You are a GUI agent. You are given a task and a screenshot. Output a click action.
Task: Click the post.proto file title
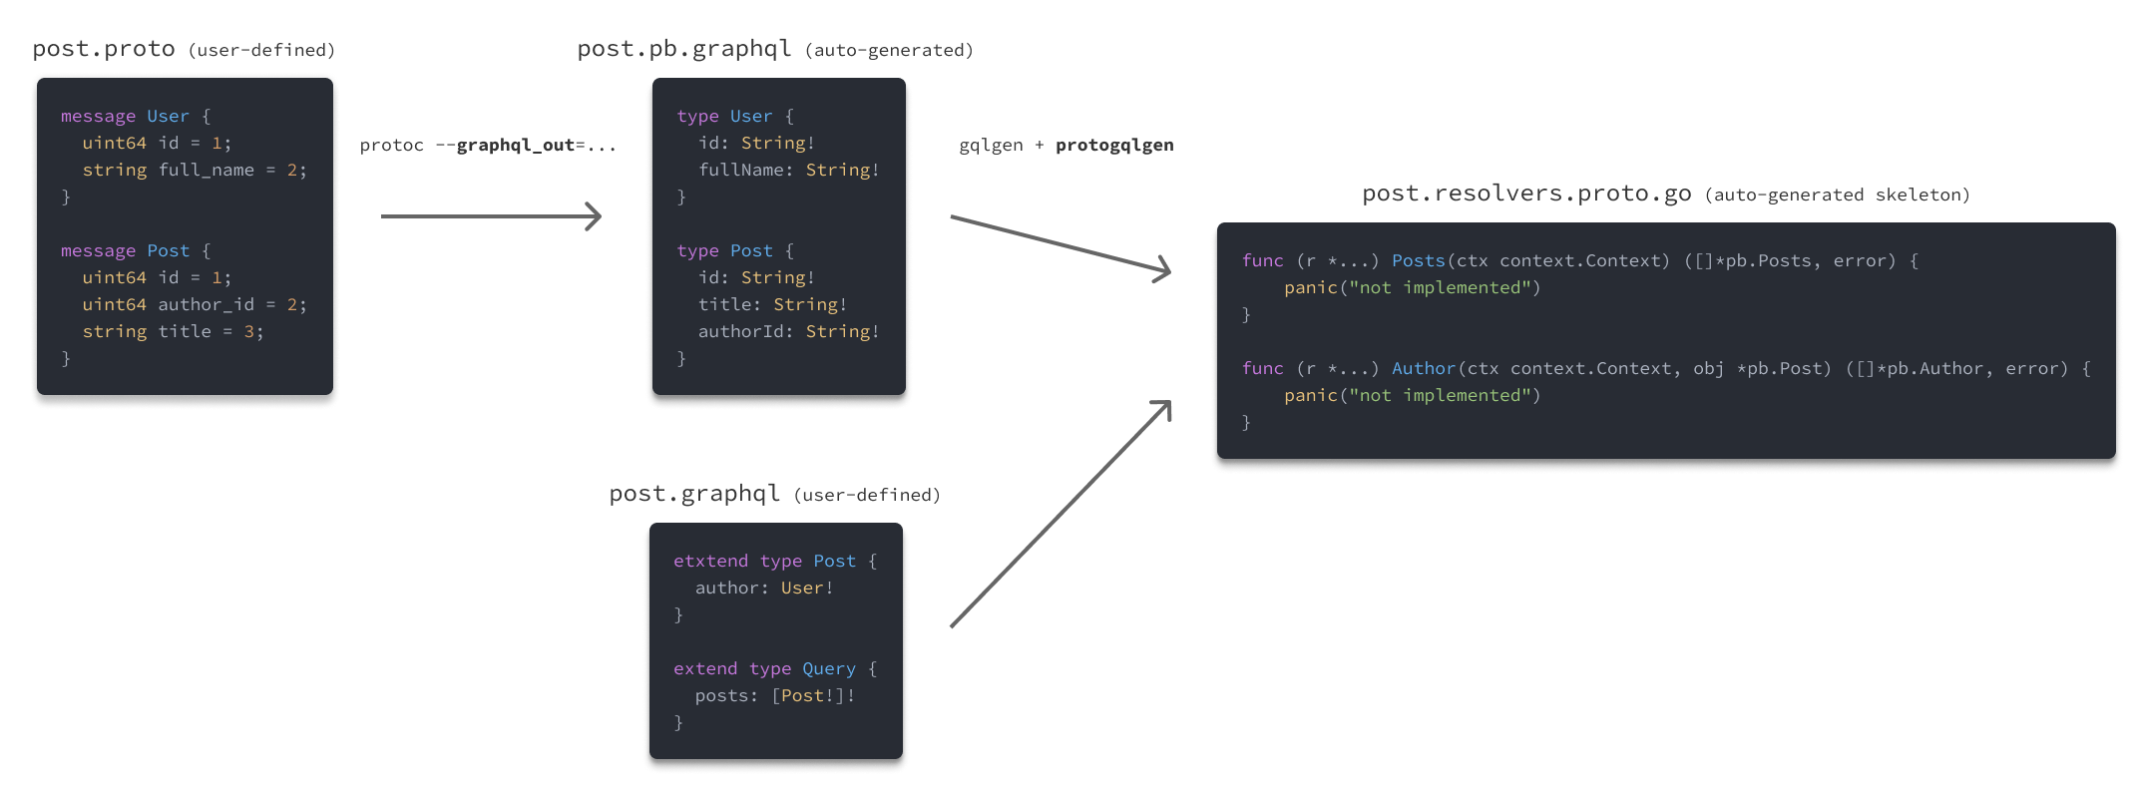tap(104, 49)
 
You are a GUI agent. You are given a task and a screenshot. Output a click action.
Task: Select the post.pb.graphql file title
tap(684, 49)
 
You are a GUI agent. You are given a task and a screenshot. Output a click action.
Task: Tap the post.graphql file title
tap(694, 494)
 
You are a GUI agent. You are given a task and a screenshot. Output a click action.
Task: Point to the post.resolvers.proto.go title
tap(1526, 194)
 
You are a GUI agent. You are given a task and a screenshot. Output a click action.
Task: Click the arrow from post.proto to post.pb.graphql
tap(491, 215)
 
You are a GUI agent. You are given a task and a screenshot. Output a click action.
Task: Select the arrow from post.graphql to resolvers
tap(1060, 515)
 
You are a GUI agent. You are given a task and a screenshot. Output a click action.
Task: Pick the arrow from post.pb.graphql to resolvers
tap(1060, 242)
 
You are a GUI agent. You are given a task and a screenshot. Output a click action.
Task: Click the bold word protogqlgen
tap(1114, 146)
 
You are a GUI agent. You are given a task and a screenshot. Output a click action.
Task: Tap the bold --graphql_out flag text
tap(515, 146)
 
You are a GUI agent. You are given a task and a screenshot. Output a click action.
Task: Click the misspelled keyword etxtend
tap(710, 561)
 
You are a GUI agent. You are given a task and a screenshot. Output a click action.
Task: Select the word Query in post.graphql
tap(829, 668)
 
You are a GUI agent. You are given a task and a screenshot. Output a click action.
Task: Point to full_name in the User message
tap(207, 170)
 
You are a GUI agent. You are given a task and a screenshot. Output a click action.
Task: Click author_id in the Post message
tap(207, 304)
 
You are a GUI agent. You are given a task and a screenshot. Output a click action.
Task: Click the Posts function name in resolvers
tap(1419, 260)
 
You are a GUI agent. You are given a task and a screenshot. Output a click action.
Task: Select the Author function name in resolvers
tap(1424, 368)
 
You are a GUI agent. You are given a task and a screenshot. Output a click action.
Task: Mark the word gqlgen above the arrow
tap(991, 146)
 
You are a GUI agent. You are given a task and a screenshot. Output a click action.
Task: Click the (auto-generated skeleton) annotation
tap(1837, 196)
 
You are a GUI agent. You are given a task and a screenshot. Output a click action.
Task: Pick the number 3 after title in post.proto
tap(249, 331)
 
